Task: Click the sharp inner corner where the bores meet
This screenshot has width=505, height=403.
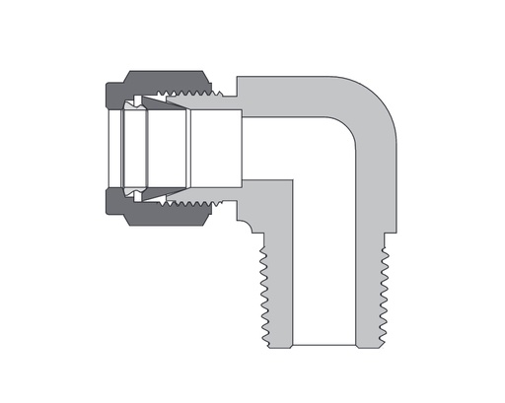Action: click(295, 180)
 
